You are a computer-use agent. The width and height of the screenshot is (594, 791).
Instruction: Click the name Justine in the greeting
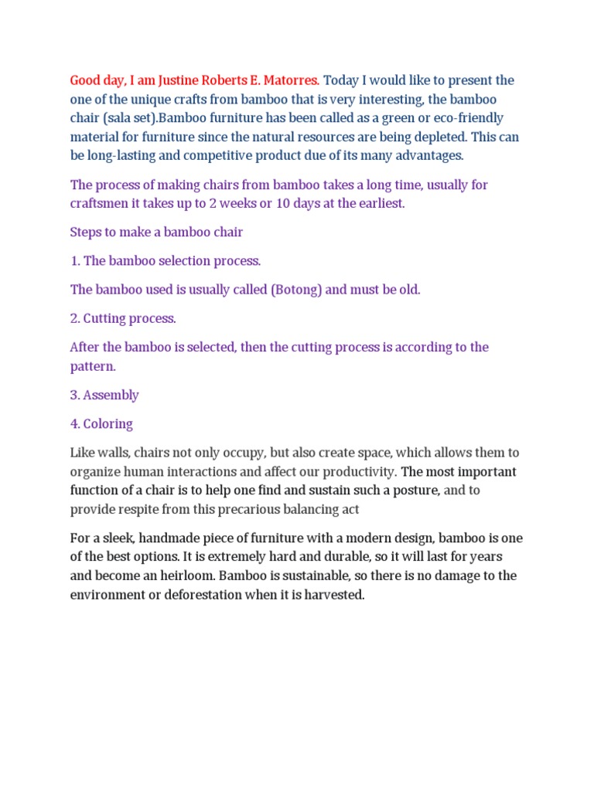tap(160, 80)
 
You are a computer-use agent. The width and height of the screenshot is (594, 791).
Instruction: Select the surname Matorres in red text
tap(289, 80)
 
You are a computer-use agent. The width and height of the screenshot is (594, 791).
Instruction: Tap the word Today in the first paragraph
tap(340, 80)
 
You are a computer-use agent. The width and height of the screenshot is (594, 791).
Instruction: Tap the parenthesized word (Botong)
tap(297, 290)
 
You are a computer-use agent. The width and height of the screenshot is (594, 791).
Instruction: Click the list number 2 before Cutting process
tap(74, 318)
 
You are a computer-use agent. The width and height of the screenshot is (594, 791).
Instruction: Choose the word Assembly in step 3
tap(111, 395)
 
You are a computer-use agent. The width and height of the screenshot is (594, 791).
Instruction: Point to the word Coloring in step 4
tap(108, 424)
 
